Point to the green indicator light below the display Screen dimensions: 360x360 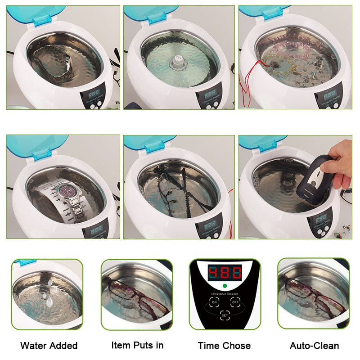[225, 286]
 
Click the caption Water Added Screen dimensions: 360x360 [49, 346]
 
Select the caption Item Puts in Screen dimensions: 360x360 [137, 345]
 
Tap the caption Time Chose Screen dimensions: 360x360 [224, 346]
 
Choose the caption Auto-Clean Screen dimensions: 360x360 [314, 346]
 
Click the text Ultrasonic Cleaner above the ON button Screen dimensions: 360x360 [224, 294]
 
